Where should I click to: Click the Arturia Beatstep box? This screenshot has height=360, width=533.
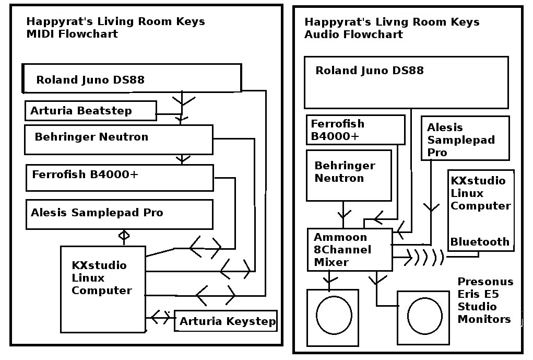point(90,111)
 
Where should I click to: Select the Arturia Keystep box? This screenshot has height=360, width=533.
point(226,321)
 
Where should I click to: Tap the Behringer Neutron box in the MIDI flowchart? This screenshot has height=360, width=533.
point(119,140)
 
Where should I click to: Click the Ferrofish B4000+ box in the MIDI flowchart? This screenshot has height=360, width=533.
point(120,178)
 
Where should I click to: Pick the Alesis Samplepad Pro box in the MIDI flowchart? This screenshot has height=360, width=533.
point(119,214)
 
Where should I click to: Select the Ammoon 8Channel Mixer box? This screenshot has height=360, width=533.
point(349,250)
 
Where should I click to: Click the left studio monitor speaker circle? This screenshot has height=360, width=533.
point(333,317)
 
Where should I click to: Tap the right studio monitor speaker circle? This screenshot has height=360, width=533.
point(423,317)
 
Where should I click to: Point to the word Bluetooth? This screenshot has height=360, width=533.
point(480,242)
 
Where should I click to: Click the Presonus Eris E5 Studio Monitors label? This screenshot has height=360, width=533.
point(485,300)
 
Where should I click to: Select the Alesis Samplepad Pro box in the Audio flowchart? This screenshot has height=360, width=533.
point(465,138)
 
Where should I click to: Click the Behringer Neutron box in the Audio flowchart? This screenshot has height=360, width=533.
point(348,176)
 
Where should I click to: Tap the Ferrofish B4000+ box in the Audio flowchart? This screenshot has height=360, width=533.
point(356,130)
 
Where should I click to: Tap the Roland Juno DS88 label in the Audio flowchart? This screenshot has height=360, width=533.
point(370,71)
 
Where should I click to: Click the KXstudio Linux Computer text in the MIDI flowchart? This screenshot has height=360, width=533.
point(102,278)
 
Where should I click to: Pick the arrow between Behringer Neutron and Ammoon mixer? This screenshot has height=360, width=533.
point(344,214)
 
